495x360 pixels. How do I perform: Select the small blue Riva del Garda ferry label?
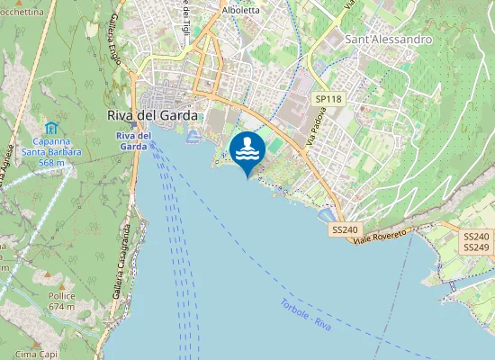tap(132, 141)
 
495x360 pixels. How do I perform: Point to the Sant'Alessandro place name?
tap(389, 40)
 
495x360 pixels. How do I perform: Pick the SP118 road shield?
tap(329, 99)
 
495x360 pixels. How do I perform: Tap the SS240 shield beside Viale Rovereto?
tap(344, 230)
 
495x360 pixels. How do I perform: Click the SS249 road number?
tap(476, 247)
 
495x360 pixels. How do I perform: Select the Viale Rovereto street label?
tap(381, 235)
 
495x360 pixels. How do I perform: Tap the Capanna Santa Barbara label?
tap(58, 147)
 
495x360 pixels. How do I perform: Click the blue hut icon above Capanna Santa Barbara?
tap(51, 129)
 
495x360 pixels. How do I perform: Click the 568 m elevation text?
tap(52, 163)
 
